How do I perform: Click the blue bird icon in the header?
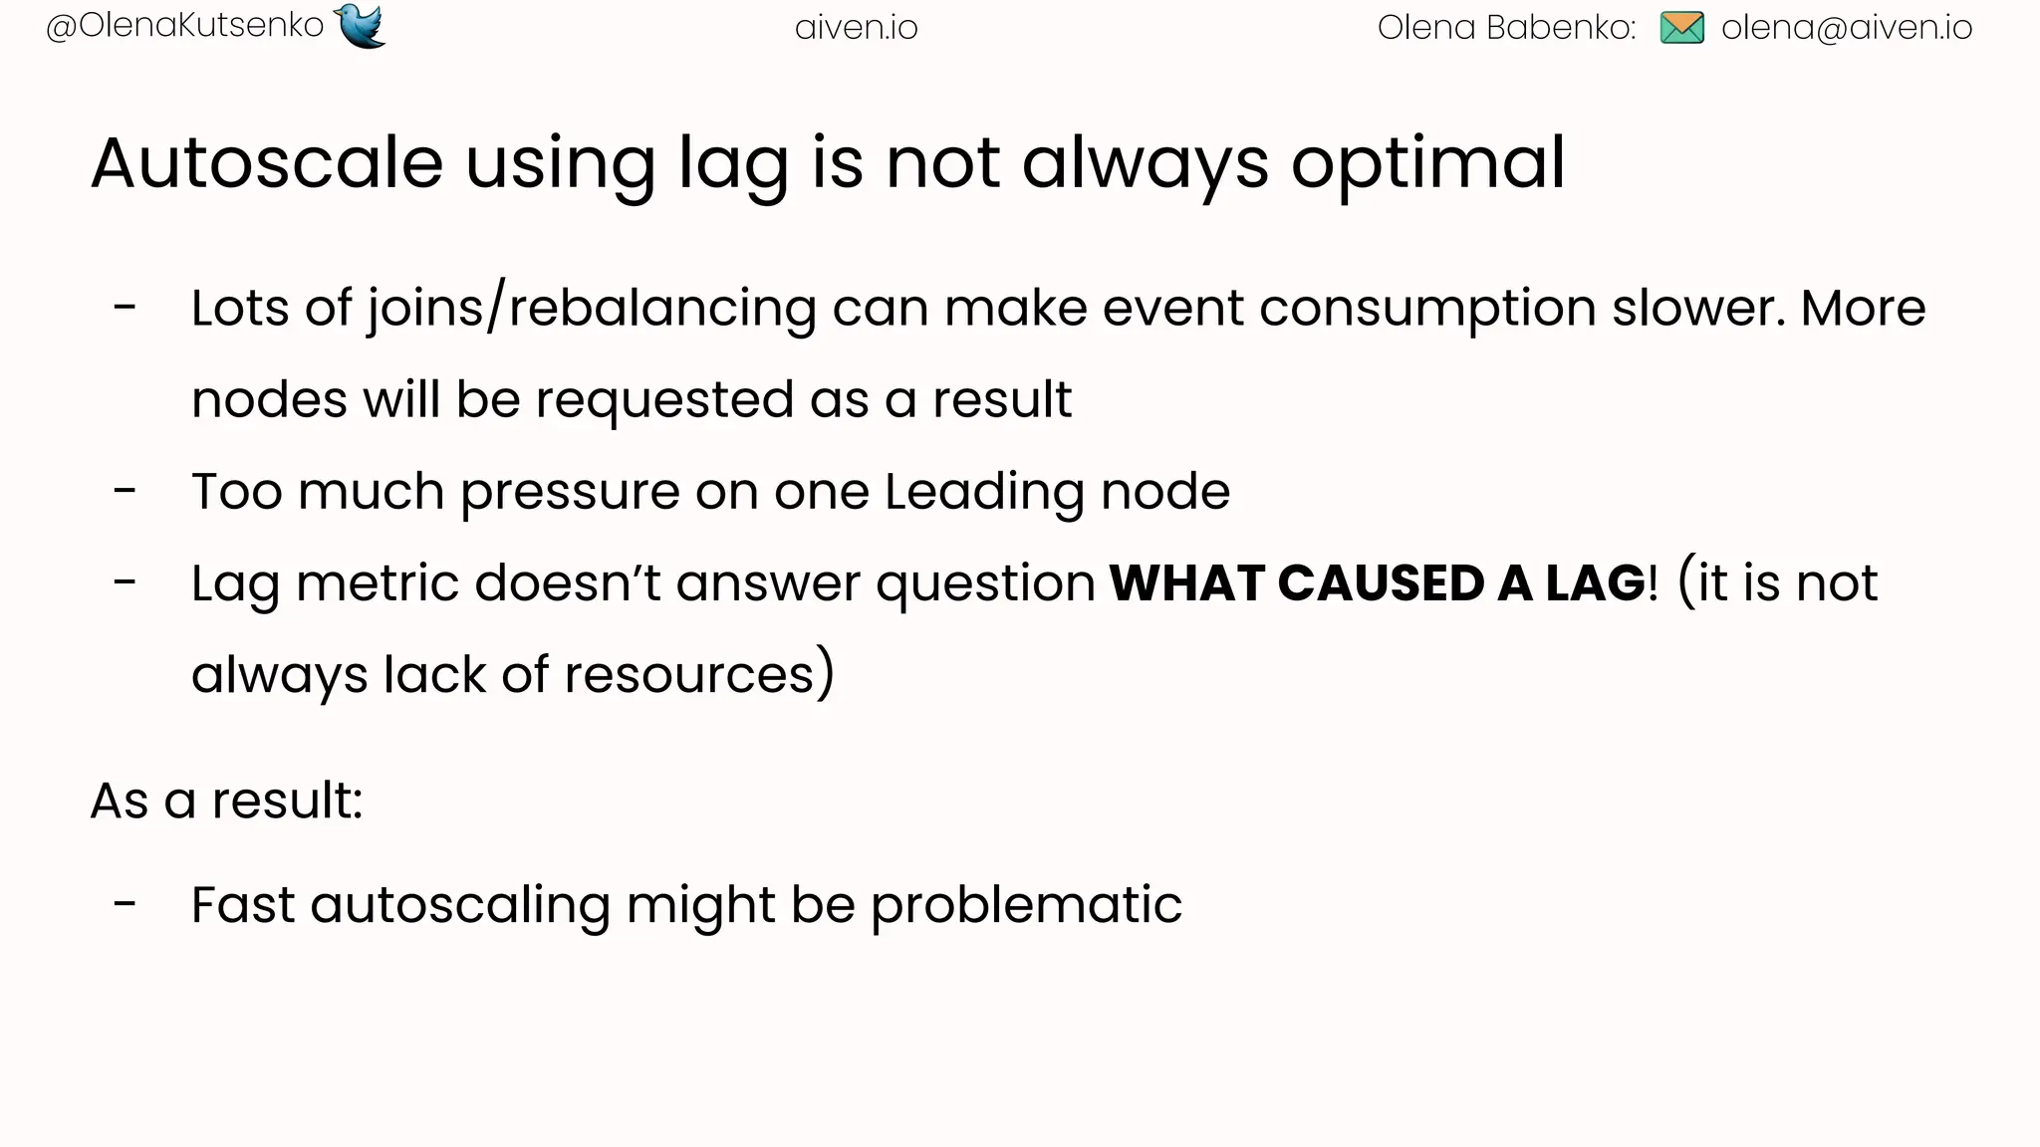pyautogui.click(x=361, y=26)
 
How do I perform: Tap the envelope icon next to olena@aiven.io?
pyautogui.click(x=1682, y=28)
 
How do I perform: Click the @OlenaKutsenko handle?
pyautogui.click(x=185, y=26)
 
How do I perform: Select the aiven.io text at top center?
pyautogui.click(x=857, y=28)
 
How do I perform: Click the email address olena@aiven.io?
pyautogui.click(x=1847, y=28)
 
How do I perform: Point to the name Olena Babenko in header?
pyautogui.click(x=1506, y=28)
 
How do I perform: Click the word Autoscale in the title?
pyautogui.click(x=267, y=163)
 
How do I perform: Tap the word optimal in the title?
pyautogui.click(x=1428, y=163)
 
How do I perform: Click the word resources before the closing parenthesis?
pyautogui.click(x=690, y=675)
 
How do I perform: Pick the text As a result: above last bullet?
pyautogui.click(x=227, y=801)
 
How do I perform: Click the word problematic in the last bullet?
pyautogui.click(x=1026, y=906)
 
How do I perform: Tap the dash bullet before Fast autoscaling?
pyautogui.click(x=125, y=904)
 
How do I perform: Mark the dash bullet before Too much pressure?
pyautogui.click(x=125, y=491)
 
